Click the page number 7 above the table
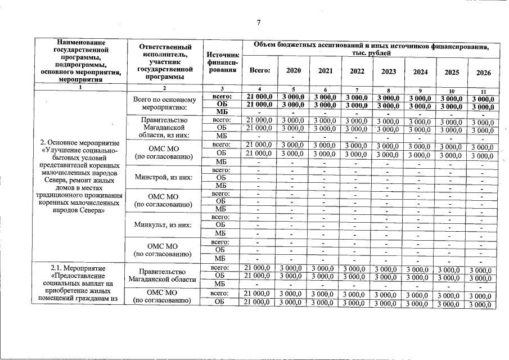point(258,22)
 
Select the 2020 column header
point(293,71)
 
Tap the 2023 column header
point(388,71)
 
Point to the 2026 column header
point(483,73)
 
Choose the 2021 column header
point(325,71)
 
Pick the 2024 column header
point(420,72)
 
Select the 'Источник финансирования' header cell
point(223,63)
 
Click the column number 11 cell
point(483,92)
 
